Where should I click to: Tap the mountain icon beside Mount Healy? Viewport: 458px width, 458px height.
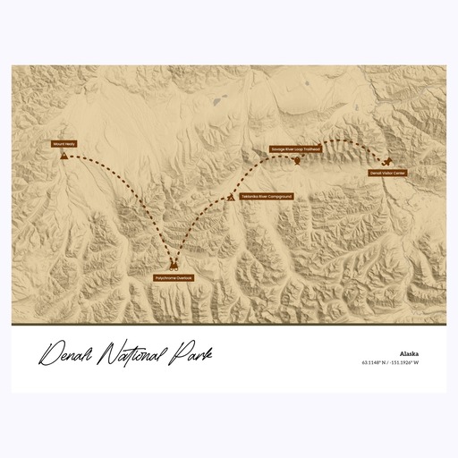[x=64, y=154]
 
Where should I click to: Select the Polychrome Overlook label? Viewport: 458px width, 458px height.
[x=174, y=278]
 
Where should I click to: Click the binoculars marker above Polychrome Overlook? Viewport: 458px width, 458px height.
[x=174, y=267]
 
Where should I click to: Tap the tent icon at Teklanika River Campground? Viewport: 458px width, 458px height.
[x=233, y=196]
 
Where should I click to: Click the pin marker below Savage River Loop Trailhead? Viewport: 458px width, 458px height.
[x=296, y=161]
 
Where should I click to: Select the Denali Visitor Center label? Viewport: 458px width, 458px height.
[x=387, y=172]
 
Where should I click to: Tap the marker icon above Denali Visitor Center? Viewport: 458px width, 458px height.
[x=386, y=162]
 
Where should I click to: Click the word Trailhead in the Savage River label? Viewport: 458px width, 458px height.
[x=311, y=149]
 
